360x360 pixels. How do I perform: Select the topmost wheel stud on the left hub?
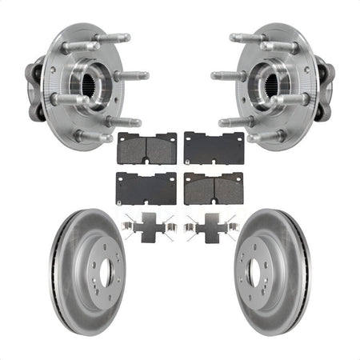[112, 37]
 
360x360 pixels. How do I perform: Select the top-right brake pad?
[214, 148]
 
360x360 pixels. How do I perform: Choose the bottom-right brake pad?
[214, 187]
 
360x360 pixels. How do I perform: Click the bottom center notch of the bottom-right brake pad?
[214, 202]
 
